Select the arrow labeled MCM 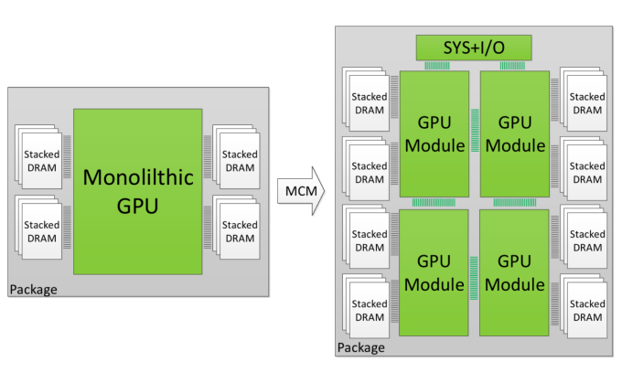[303, 192]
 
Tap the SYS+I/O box [473, 47]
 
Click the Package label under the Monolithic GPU [33, 290]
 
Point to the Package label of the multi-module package [361, 347]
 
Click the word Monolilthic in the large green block [137, 178]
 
